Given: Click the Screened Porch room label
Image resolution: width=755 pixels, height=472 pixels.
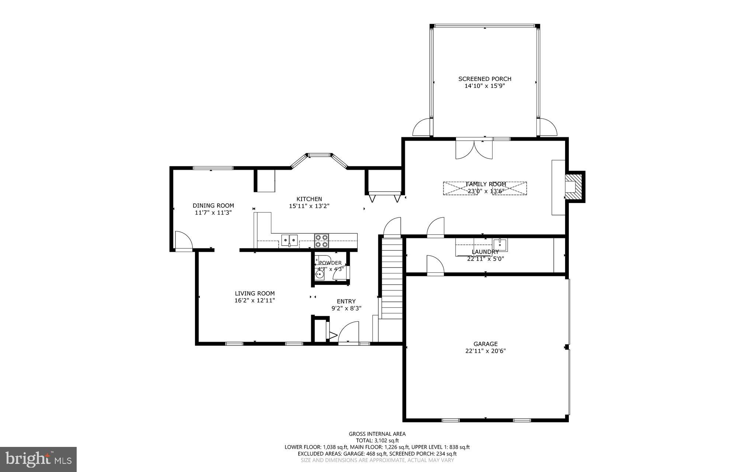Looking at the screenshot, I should [484, 79].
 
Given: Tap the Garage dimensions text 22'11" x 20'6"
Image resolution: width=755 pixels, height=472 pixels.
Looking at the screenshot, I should [485, 351].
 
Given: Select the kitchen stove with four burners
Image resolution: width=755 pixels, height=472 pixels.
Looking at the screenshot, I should [321, 241].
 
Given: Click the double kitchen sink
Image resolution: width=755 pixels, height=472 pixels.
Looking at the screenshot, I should [290, 240].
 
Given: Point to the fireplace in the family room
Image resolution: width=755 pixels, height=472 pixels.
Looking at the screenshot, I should [573, 187].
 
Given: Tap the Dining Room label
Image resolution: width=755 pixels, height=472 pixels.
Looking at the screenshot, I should [213, 206].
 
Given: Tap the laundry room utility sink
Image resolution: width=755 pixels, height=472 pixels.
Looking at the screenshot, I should [500, 244].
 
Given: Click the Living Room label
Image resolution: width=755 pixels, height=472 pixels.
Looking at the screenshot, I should [254, 293].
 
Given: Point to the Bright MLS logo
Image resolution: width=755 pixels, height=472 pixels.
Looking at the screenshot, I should [38, 459].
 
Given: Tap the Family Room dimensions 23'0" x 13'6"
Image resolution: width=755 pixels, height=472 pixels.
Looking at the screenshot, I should [485, 191].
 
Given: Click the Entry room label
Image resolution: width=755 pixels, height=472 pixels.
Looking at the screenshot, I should [346, 301].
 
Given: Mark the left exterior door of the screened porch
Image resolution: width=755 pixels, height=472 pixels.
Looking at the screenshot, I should [422, 128].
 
